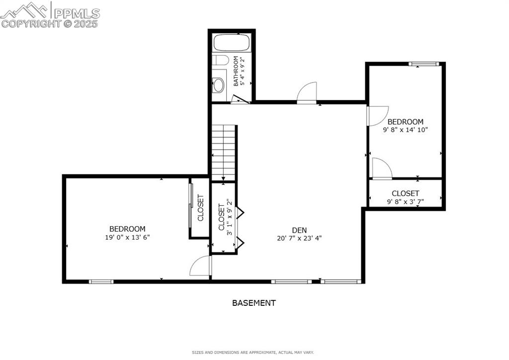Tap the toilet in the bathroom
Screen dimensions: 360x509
220,61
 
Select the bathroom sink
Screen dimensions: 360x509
218,85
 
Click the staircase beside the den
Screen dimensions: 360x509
224,153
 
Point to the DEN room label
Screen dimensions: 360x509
299,230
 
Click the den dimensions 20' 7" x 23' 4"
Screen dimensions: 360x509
299,238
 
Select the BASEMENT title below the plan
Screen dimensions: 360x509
254,303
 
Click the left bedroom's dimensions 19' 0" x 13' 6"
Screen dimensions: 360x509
127,237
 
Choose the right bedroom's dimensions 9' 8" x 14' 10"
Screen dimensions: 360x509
405,129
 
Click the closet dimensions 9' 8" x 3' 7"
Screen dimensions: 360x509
405,201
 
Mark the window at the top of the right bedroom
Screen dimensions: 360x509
424,64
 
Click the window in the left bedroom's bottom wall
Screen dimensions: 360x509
101,282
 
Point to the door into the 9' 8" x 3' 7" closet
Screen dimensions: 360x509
381,169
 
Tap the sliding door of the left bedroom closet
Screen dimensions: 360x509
190,206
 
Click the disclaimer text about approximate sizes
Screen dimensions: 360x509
253,353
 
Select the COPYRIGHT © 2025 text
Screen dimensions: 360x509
50,23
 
